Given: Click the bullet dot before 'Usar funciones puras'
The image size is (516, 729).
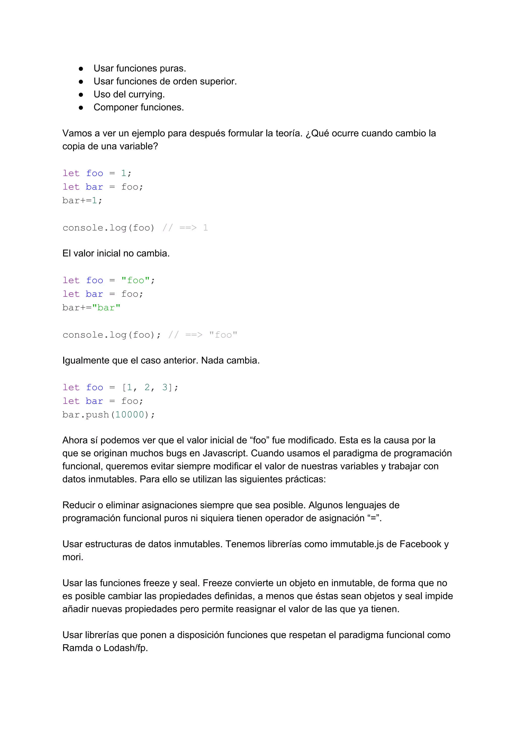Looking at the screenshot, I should [x=81, y=69].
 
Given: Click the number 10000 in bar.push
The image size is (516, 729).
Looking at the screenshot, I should [x=130, y=415].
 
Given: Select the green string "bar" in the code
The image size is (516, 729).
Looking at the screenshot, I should [x=106, y=308].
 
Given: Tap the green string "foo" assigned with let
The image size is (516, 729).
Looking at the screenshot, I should [x=136, y=280].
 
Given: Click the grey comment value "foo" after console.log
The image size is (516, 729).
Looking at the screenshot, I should [x=223, y=335].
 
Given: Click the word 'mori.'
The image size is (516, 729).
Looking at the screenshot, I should [x=73, y=557].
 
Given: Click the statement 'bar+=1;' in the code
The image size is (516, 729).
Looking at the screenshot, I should [x=82, y=201].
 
